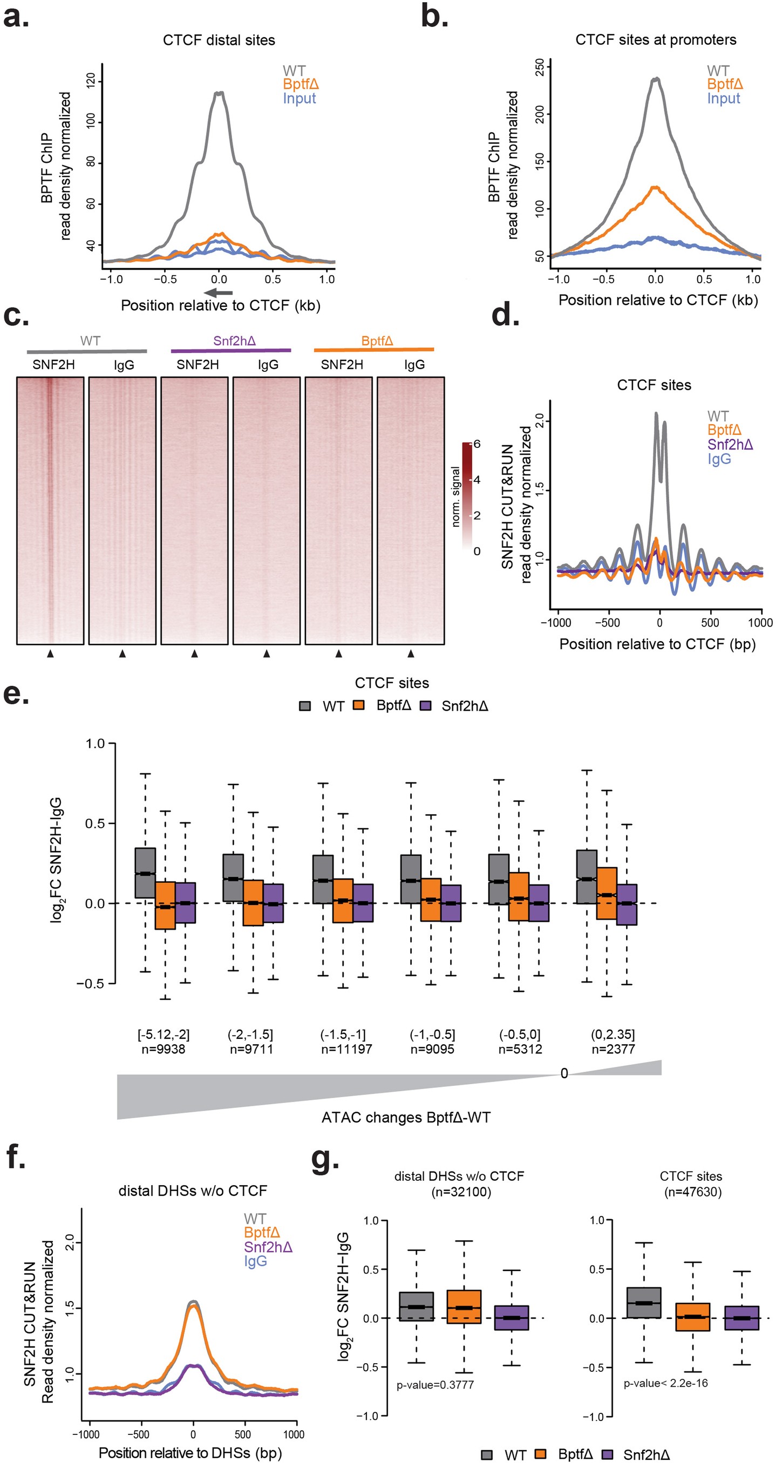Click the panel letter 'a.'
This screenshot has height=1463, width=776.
click(16, 17)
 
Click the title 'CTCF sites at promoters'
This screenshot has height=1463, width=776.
click(655, 40)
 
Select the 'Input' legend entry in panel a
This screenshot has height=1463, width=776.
click(299, 98)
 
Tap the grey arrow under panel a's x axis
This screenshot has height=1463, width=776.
click(218, 292)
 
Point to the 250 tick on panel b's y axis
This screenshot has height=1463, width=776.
click(540, 67)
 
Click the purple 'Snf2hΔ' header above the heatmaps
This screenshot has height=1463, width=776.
click(234, 341)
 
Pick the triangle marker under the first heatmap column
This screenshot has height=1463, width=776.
click(51, 654)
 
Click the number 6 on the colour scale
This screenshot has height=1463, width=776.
click(477, 444)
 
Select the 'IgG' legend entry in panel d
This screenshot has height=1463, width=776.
click(719, 459)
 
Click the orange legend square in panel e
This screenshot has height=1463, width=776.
click(358, 705)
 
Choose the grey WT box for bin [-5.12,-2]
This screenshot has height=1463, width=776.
click(145, 873)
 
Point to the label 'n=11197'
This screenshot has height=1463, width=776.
click(346, 1049)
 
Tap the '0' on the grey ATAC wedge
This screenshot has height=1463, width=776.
click(563, 1073)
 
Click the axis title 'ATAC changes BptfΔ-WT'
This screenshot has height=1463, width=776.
click(406, 1117)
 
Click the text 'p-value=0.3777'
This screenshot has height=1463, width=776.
click(434, 1385)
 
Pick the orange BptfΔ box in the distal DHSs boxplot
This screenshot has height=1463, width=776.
click(464, 1307)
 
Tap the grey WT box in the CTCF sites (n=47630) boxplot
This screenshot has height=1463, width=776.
click(644, 1302)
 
